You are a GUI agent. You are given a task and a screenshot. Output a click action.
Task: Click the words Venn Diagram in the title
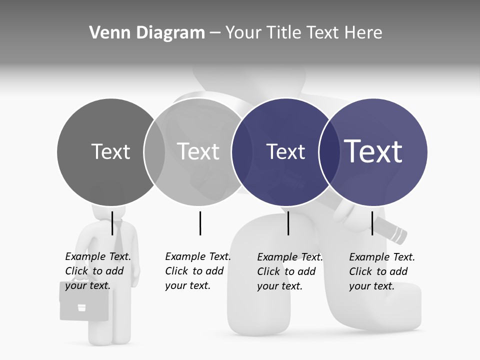[147, 33]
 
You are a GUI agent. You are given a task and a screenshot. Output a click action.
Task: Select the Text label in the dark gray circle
[110, 151]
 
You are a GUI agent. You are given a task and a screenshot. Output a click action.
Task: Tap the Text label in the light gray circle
[198, 151]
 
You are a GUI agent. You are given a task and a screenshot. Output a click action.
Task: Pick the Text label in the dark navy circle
[285, 151]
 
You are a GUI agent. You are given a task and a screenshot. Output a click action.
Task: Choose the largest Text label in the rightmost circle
[373, 151]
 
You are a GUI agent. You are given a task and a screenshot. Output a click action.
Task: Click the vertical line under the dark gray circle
[112, 223]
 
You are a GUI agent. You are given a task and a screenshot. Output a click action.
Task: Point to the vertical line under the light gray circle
[200, 223]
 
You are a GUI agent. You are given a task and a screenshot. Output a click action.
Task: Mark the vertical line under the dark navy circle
[288, 223]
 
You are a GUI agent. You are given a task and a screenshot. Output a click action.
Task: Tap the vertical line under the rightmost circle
[372, 223]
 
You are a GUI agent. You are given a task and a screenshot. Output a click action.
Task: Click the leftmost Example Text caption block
[97, 271]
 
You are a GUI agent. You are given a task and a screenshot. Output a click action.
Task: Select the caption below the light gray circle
[197, 271]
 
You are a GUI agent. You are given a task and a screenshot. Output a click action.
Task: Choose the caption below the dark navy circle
[289, 271]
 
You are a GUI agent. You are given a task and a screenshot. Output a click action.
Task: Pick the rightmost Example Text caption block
[381, 271]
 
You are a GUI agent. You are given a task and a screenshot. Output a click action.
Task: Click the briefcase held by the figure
[84, 302]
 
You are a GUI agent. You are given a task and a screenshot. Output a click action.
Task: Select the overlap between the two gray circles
[154, 152]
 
